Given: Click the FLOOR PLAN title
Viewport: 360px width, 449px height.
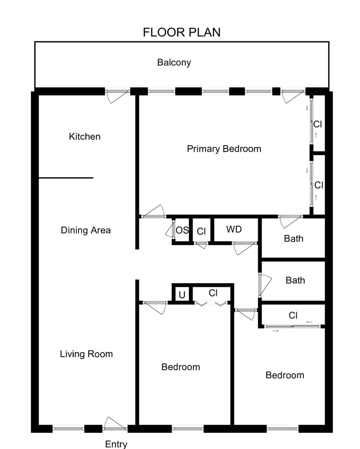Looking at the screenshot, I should (x=181, y=32).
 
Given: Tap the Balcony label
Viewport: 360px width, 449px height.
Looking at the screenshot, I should (x=174, y=62).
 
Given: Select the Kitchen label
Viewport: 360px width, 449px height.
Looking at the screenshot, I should (x=85, y=137).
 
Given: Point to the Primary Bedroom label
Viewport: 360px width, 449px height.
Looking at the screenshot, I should (x=224, y=149).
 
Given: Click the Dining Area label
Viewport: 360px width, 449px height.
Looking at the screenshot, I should (x=86, y=230).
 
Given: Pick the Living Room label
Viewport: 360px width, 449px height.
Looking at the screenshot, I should (x=86, y=354).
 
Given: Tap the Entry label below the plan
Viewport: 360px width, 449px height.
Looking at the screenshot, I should (x=116, y=444).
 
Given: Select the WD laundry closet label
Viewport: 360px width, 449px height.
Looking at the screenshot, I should (x=234, y=229).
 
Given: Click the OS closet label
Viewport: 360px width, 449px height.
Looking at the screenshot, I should (x=182, y=230).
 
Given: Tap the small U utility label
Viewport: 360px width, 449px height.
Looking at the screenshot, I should (x=182, y=295).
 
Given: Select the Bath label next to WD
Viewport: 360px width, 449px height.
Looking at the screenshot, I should (x=294, y=239).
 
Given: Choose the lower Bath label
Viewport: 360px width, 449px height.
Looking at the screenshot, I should (x=295, y=280).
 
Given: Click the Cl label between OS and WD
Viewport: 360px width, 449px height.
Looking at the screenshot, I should (x=201, y=231).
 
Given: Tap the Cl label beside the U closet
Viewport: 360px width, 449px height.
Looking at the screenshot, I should (x=213, y=293).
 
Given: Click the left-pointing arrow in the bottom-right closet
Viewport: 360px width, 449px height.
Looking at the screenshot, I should (x=309, y=322).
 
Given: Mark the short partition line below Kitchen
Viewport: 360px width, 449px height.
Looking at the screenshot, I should (x=66, y=178).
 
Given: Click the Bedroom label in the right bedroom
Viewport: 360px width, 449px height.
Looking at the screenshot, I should (x=285, y=375).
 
